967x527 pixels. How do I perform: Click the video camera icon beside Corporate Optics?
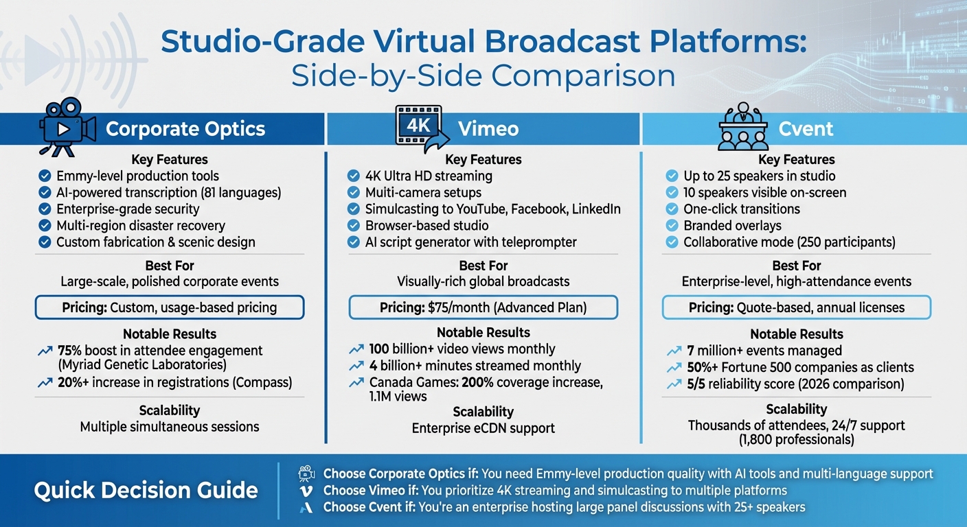pyautogui.click(x=67, y=127)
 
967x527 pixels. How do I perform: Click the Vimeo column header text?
pyautogui.click(x=488, y=129)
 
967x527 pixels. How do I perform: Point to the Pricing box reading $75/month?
pyautogui.click(x=483, y=307)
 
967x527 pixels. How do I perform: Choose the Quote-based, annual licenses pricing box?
pyautogui.click(x=796, y=307)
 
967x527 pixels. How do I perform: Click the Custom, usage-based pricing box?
pyautogui.click(x=170, y=307)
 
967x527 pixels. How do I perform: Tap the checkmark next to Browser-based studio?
pyautogui.click(x=353, y=226)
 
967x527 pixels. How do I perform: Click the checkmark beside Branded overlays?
pyautogui.click(x=672, y=226)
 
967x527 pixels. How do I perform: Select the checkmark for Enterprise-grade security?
pyautogui.click(x=45, y=209)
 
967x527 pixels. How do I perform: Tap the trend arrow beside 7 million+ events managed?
pyautogui.click(x=673, y=351)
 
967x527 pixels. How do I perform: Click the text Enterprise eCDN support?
pyautogui.click(x=483, y=428)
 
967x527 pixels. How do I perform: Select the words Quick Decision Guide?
pyautogui.click(x=146, y=490)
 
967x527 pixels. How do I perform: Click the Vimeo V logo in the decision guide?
pyautogui.click(x=304, y=491)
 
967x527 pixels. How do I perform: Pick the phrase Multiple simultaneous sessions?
pyautogui.click(x=170, y=427)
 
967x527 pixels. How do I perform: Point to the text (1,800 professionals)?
pyautogui.click(x=796, y=440)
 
